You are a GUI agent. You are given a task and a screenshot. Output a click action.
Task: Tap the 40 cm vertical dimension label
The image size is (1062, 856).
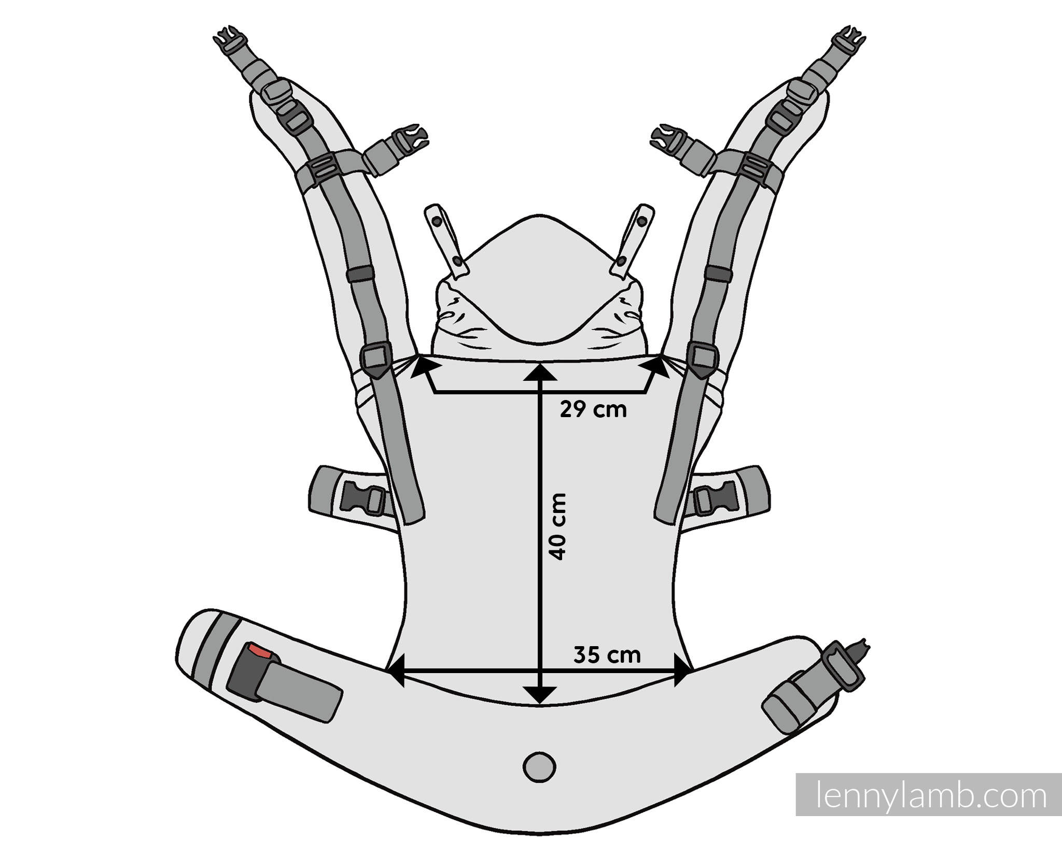pyautogui.click(x=558, y=526)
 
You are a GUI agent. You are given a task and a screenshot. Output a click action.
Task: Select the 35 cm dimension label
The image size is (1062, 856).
pyautogui.click(x=607, y=655)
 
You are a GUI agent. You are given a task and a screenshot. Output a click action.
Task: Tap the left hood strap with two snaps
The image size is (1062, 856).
pyautogui.click(x=446, y=241)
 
